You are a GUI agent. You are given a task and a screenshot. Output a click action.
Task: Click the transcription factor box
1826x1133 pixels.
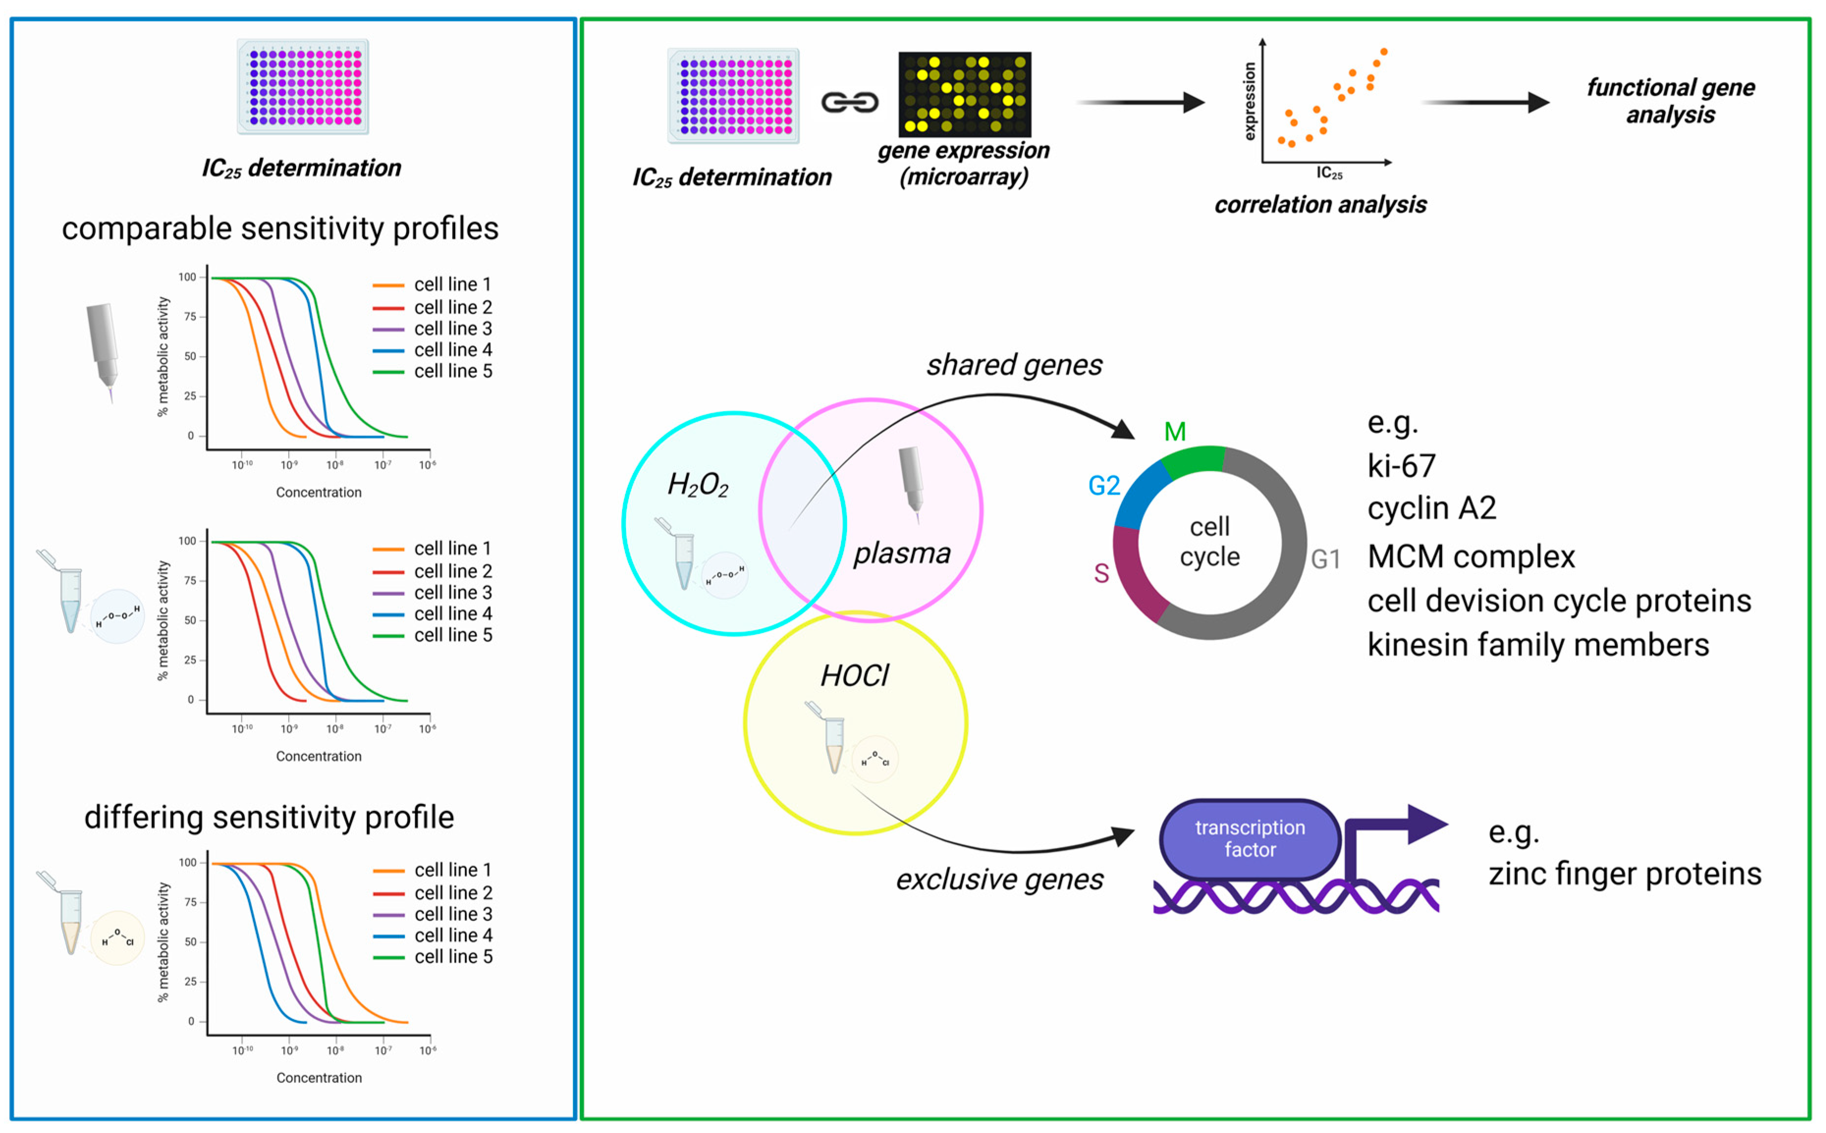coord(1249,838)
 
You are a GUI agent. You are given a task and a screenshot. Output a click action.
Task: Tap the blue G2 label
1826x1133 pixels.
coord(1104,486)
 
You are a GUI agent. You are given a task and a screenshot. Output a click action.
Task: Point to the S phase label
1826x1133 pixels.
coord(1101,573)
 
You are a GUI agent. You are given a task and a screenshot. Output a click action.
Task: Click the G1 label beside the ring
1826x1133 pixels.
coord(1325,559)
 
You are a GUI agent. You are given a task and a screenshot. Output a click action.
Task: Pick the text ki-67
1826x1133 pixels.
coord(1401,466)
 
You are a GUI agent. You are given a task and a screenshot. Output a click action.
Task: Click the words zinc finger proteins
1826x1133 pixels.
coord(1624,874)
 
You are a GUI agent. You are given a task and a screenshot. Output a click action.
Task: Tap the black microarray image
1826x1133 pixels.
coord(964,94)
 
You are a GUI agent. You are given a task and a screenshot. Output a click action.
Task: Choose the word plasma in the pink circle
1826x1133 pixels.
coord(902,553)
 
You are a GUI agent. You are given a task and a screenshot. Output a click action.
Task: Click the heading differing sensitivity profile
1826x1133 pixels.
coord(269,817)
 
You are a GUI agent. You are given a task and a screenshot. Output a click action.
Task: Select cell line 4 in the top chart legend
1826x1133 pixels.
coord(453,350)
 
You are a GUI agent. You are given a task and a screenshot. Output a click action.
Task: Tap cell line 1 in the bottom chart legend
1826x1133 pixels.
coord(453,870)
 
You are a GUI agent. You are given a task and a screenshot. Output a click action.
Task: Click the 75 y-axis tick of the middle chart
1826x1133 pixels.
coord(191,581)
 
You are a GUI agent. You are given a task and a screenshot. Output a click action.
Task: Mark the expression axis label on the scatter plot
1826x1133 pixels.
coord(1249,101)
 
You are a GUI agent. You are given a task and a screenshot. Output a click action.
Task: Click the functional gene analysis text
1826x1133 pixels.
coord(1670,101)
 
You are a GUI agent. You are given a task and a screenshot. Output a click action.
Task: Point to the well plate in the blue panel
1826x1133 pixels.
coord(303,86)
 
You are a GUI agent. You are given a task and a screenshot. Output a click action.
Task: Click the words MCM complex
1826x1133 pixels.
coord(1471,557)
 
